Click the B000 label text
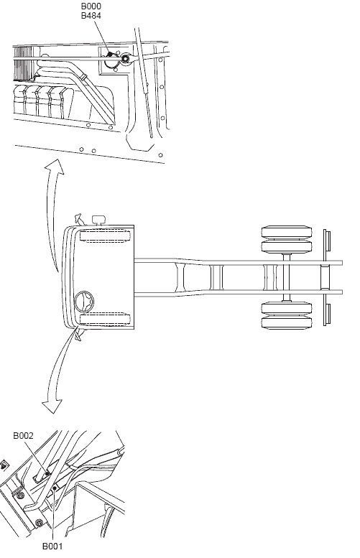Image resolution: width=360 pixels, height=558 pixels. [x=91, y=6]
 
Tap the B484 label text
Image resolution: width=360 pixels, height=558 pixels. [x=91, y=16]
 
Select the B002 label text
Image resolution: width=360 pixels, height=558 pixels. [x=23, y=436]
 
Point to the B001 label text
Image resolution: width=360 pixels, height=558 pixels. [x=52, y=546]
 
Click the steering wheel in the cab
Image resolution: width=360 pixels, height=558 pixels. [x=84, y=301]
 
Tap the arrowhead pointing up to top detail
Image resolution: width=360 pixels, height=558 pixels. [x=55, y=167]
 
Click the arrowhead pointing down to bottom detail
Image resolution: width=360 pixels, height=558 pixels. [x=52, y=406]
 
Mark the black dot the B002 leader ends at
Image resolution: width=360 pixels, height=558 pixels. [x=47, y=473]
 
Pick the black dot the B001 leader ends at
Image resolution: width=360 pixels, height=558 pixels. [x=54, y=488]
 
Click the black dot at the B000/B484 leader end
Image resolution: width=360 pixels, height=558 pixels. [x=110, y=54]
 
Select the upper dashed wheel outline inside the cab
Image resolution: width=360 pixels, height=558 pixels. [x=105, y=236]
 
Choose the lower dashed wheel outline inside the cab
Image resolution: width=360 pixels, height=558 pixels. [x=105, y=319]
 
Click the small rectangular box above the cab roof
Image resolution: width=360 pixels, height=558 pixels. [x=98, y=220]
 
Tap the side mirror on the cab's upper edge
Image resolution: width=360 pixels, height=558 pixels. [x=78, y=218]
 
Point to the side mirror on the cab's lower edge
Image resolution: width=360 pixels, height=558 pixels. [x=78, y=335]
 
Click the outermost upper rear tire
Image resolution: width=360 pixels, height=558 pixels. [x=287, y=232]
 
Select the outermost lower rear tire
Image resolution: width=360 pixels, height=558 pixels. [x=287, y=323]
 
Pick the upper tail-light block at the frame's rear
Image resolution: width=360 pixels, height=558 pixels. [x=327, y=241]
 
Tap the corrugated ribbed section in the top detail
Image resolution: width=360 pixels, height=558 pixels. [x=24, y=63]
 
